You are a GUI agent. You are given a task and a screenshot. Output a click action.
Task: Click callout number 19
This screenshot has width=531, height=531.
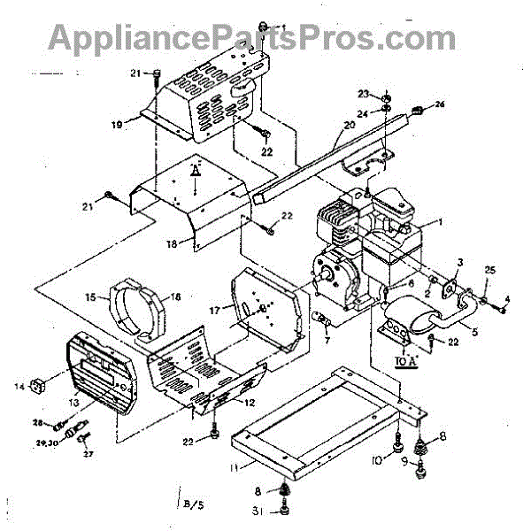116,126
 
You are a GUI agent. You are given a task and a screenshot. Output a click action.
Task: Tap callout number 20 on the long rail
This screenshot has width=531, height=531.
349,126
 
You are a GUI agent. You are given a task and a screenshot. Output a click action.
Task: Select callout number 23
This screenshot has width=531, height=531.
363,94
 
